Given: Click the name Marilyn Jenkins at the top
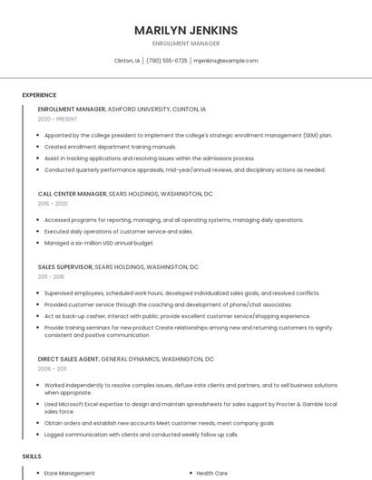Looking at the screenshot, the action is (x=186, y=30).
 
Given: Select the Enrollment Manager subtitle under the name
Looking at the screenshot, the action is (x=186, y=43).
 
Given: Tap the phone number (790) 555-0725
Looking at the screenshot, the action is (x=166, y=61).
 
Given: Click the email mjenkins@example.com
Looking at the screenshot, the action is (x=226, y=61).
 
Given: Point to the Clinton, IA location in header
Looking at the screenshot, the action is (x=127, y=61).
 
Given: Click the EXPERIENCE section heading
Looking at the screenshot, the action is (x=39, y=94).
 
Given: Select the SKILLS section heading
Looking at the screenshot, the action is (x=32, y=456).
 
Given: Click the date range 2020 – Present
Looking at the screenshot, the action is (x=57, y=119).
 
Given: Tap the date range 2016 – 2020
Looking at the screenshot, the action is (x=53, y=204).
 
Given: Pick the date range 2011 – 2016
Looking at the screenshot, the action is (x=51, y=277).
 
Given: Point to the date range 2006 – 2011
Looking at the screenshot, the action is (x=52, y=369).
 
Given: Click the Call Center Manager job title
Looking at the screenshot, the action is (x=72, y=194).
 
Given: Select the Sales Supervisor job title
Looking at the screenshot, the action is (x=64, y=267).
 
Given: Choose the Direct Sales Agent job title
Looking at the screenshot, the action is (x=68, y=359).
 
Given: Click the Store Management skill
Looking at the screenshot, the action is (x=69, y=473).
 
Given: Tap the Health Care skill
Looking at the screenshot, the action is (x=211, y=473).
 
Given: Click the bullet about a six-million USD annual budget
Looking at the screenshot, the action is (x=99, y=243).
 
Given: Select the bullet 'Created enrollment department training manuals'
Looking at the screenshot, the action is (x=110, y=146).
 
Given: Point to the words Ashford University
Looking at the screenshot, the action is (x=138, y=109).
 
